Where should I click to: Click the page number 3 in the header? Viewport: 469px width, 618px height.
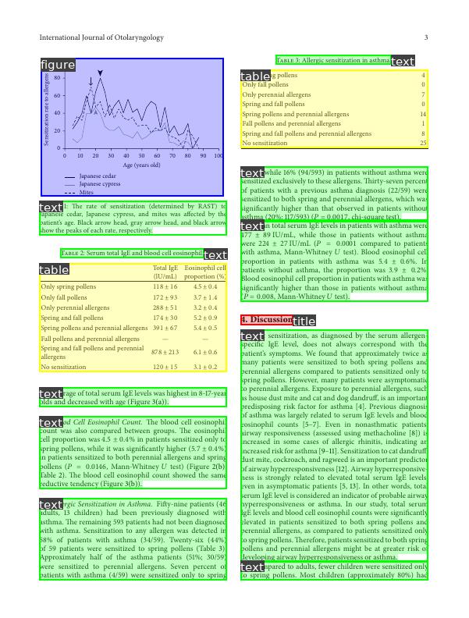point(426,37)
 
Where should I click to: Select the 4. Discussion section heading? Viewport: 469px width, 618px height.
point(266,320)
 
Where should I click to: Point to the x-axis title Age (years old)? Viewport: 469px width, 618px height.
point(141,165)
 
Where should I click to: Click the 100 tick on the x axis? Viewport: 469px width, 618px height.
point(218,155)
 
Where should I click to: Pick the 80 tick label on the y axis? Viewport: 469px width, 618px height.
point(58,78)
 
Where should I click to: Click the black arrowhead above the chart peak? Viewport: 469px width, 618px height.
point(101,73)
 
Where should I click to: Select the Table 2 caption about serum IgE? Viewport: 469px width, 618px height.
point(131,254)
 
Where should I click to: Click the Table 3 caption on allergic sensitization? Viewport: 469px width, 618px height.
point(333,60)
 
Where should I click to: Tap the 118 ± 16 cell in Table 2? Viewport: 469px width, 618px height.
point(165,286)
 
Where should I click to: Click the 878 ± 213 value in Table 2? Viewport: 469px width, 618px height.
point(165,353)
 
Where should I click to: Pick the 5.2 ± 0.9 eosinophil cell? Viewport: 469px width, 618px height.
point(204,318)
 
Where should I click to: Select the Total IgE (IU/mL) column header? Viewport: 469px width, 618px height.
point(165,272)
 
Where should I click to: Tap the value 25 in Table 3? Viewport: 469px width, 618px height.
point(423,144)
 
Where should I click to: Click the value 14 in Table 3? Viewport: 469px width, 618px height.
point(423,114)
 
